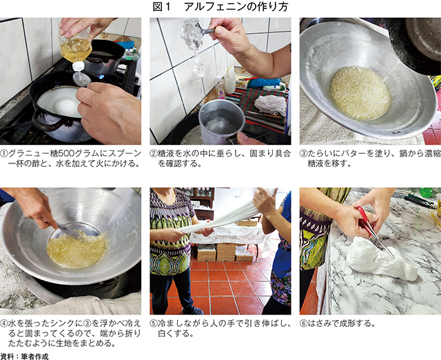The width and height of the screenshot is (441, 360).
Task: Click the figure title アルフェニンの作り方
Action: [x=236, y=7]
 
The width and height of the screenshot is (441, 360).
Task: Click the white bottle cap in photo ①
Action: [x=79, y=66]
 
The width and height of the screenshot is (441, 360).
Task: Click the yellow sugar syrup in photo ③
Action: [x=361, y=93]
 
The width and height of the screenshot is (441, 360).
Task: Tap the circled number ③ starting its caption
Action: [x=303, y=154]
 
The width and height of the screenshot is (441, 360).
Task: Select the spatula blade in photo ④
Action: [x=68, y=231]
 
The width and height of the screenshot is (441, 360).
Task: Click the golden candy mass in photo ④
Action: [x=76, y=249]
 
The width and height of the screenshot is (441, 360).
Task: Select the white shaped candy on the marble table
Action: [x=381, y=259]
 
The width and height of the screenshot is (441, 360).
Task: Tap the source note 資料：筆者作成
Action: [x=24, y=356]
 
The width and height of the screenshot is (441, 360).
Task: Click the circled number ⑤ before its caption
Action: [x=154, y=323]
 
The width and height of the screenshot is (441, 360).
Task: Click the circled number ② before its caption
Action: [x=154, y=154]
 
